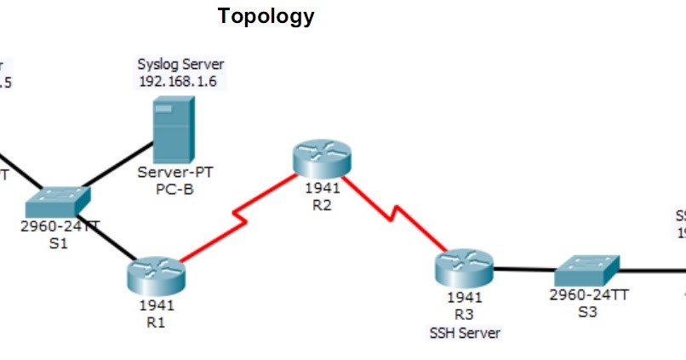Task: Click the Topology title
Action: point(266,16)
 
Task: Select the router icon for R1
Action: point(157,274)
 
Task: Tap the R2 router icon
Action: point(321,159)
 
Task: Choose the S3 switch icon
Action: point(585,271)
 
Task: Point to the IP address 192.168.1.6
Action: point(180,81)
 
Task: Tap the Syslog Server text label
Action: point(180,65)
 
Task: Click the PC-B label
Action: point(174,188)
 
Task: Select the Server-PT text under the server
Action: point(175,173)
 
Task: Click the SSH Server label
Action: point(465,332)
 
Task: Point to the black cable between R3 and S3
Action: point(523,271)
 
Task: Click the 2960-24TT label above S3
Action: point(589,295)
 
